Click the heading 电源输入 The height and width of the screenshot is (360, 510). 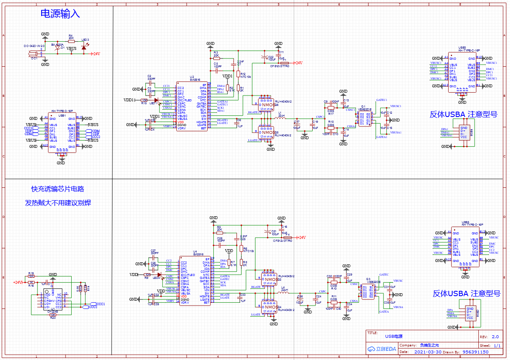coord(60,14)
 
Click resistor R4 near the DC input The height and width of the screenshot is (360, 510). coord(71,41)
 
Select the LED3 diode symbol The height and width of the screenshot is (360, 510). coord(84,48)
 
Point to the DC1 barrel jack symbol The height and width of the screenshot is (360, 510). coord(33,54)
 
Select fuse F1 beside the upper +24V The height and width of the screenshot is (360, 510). coord(284,63)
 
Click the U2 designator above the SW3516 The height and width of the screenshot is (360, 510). coord(192,77)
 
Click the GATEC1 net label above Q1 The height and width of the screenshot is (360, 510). coord(381,100)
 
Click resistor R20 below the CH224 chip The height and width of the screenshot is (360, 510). coord(53,315)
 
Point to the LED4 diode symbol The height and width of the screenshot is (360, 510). coord(159,275)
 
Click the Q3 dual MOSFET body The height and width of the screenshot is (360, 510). coord(367,291)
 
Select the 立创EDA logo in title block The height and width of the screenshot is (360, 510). coord(382,349)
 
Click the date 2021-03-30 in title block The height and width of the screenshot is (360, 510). coord(428,352)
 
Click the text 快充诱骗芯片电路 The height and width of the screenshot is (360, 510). coord(58,189)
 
